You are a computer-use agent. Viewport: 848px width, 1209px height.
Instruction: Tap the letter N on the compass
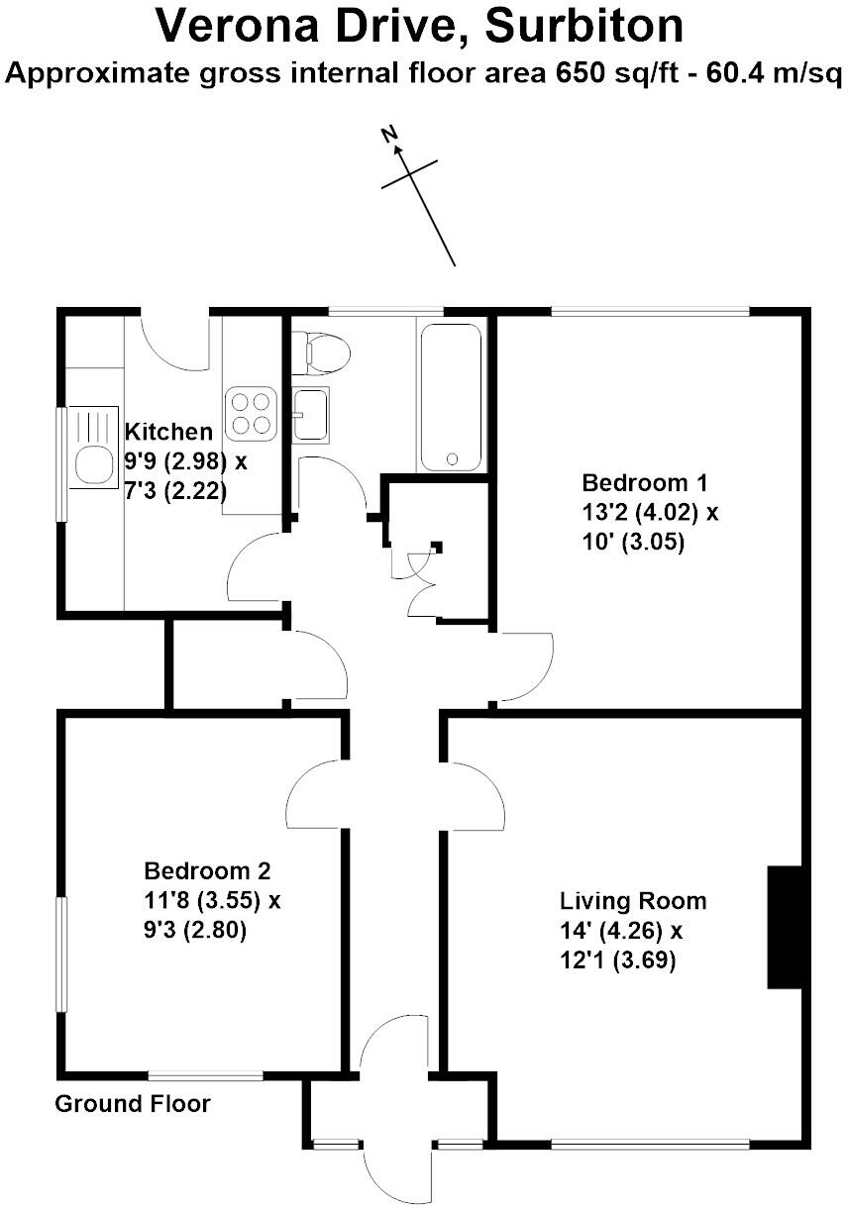coord(389,135)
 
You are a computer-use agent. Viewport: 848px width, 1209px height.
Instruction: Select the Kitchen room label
coord(168,432)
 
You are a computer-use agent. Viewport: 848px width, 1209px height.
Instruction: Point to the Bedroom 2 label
coord(207,871)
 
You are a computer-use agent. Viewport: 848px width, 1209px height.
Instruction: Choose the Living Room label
coord(633,901)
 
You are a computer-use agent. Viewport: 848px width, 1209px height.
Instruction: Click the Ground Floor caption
coord(133,1103)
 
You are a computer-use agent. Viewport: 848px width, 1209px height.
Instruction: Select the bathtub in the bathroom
coord(452,396)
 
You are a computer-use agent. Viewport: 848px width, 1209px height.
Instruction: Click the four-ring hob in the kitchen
coord(250,414)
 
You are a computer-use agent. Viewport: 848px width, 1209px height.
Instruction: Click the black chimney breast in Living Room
coord(785,927)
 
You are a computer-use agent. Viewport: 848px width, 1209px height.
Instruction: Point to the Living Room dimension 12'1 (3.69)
coord(617,959)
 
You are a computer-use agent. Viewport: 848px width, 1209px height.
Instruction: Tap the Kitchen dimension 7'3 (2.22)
coord(175,490)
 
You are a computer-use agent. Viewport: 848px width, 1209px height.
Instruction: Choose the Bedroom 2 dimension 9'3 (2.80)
coord(195,930)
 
